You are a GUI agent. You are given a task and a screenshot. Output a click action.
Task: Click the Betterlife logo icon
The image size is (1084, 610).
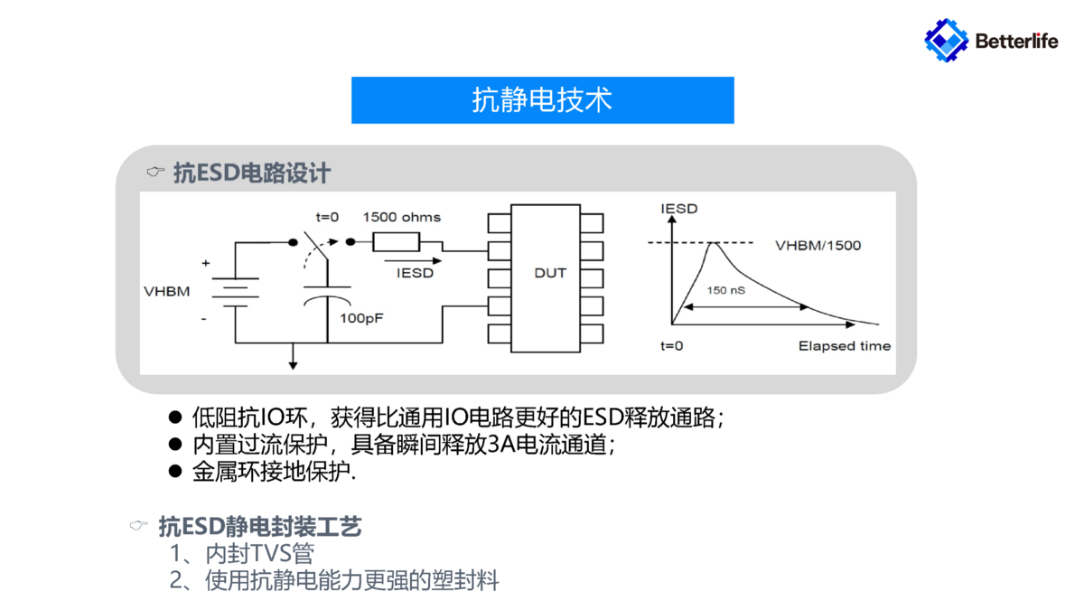coord(946,39)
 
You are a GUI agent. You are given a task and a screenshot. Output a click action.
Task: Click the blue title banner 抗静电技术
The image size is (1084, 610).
coord(542,99)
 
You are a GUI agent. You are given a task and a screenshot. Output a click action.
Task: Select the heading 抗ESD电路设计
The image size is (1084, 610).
coord(252,173)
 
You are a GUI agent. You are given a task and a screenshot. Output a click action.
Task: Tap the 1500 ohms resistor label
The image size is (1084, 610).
coord(402,218)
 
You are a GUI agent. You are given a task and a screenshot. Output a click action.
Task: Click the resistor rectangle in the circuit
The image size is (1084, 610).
coord(397,242)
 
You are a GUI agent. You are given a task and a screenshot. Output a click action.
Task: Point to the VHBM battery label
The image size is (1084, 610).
coord(167,292)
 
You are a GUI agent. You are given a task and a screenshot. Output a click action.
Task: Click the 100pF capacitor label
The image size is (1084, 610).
coord(361,318)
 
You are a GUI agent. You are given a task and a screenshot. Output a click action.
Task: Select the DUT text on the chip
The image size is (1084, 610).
coord(550,272)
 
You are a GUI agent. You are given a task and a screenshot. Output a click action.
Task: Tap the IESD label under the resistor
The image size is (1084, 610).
coord(416,272)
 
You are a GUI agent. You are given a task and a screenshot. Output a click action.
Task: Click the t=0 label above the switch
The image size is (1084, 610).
coord(327,218)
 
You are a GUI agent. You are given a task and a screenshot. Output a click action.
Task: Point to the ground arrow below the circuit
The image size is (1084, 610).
coord(293,361)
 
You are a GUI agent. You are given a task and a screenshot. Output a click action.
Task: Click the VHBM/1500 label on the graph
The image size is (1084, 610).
coord(818,245)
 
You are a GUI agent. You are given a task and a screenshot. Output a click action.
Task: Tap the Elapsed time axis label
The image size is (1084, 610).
coord(845,346)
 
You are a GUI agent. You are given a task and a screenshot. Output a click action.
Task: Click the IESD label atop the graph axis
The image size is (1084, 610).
coord(679,210)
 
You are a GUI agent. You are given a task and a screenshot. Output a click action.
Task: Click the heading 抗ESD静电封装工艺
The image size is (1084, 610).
coord(260,526)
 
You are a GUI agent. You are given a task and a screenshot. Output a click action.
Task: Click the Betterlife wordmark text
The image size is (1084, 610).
coord(1016,41)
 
